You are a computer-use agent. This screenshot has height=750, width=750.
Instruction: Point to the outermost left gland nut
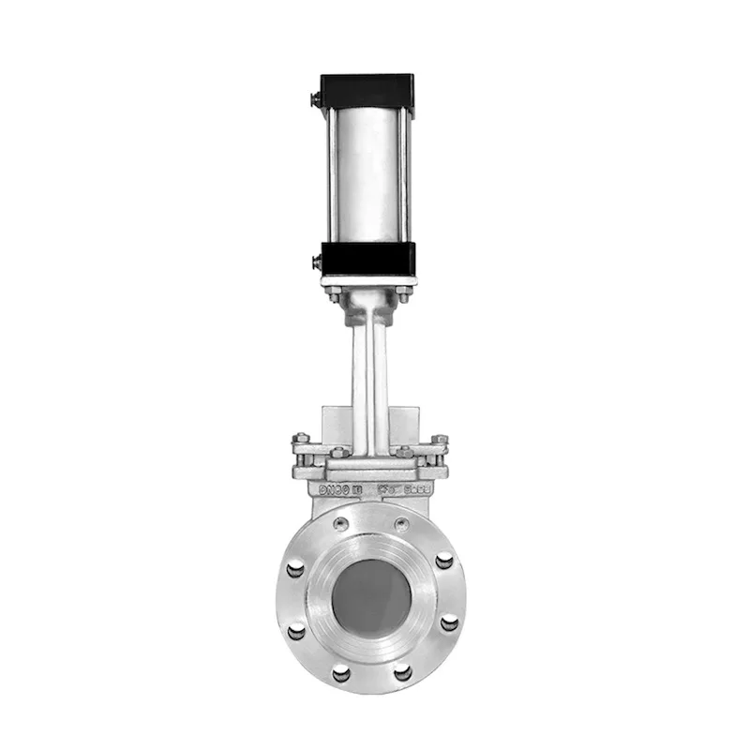[x=300, y=439]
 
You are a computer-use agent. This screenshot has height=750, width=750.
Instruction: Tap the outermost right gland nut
[x=439, y=439]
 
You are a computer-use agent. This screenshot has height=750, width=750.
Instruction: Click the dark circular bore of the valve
[x=371, y=596]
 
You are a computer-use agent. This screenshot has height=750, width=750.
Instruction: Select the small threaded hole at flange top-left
[x=341, y=524]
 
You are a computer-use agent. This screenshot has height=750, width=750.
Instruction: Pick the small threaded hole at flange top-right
[x=401, y=524]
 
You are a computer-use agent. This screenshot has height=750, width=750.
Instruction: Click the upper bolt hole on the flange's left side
[x=295, y=565]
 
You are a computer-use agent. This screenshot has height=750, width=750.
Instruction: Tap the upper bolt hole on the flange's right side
[x=444, y=561]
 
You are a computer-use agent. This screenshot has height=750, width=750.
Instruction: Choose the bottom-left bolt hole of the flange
[x=341, y=672]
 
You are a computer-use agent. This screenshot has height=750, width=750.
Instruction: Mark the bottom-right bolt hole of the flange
[x=402, y=672]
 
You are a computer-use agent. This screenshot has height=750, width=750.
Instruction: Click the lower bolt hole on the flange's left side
[x=296, y=630]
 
